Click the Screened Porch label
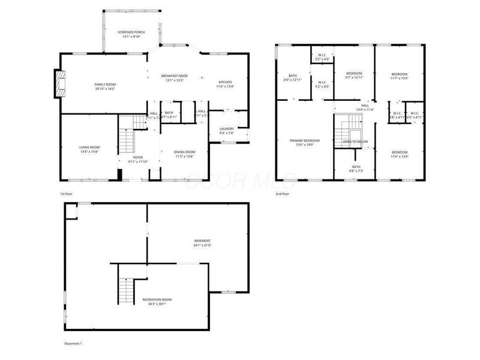click(131, 34)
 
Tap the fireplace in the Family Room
click(59, 84)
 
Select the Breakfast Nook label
click(175, 78)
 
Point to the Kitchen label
click(225, 84)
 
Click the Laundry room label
click(226, 130)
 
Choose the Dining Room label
click(185, 154)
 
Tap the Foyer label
click(138, 159)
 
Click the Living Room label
click(89, 149)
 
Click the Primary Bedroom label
click(305, 142)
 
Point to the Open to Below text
click(356, 142)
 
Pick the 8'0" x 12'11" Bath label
click(292, 77)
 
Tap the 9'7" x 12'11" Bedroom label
click(354, 75)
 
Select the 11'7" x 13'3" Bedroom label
click(399, 76)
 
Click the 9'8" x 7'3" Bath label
click(356, 169)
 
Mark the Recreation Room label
click(157, 301)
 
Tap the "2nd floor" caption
click(282, 194)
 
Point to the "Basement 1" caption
click(73, 343)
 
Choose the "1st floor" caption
click(67, 194)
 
